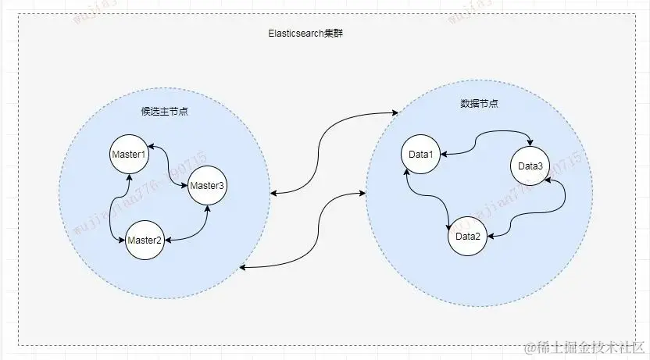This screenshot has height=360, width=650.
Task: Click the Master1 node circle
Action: coord(129,155)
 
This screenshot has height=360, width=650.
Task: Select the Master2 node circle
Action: coord(144,240)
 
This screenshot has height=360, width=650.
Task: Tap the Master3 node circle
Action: coord(207,186)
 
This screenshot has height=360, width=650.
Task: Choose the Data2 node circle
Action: coord(467,237)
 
